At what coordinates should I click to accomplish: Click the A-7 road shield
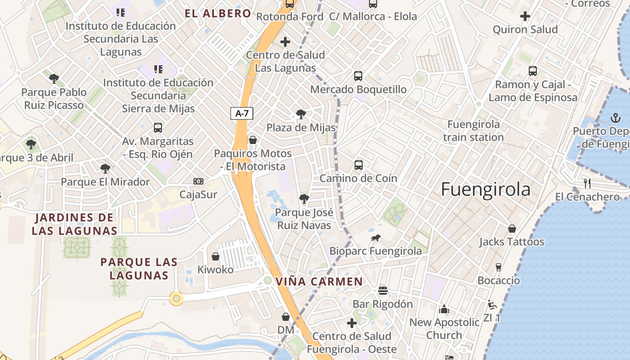tap(242, 113)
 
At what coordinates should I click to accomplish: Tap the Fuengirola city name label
tap(486, 189)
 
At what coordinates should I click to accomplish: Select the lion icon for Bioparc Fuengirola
tap(376, 238)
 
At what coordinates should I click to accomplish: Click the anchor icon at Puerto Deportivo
tap(615, 118)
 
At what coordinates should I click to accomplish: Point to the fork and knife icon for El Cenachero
tap(587, 183)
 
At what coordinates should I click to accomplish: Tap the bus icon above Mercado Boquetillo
tap(358, 76)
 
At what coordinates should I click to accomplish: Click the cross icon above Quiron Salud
tap(525, 17)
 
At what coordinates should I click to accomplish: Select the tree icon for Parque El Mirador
tap(105, 169)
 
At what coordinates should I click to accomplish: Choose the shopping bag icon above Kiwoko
tap(216, 256)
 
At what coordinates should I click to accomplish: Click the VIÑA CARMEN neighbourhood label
tap(319, 282)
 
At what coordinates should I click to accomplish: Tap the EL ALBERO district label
tap(218, 13)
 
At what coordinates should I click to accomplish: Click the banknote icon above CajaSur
tap(198, 181)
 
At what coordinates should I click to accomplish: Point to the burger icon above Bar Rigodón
tap(383, 291)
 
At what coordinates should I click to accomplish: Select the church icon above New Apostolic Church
tap(444, 309)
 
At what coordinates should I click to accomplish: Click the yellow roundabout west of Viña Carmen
tap(176, 298)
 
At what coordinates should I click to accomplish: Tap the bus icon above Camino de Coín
tap(359, 165)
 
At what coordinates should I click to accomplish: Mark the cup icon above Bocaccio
tap(499, 267)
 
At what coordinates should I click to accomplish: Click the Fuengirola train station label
tap(473, 130)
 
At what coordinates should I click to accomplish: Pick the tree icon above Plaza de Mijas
tap(301, 114)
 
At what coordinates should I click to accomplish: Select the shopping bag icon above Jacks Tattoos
tap(512, 229)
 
